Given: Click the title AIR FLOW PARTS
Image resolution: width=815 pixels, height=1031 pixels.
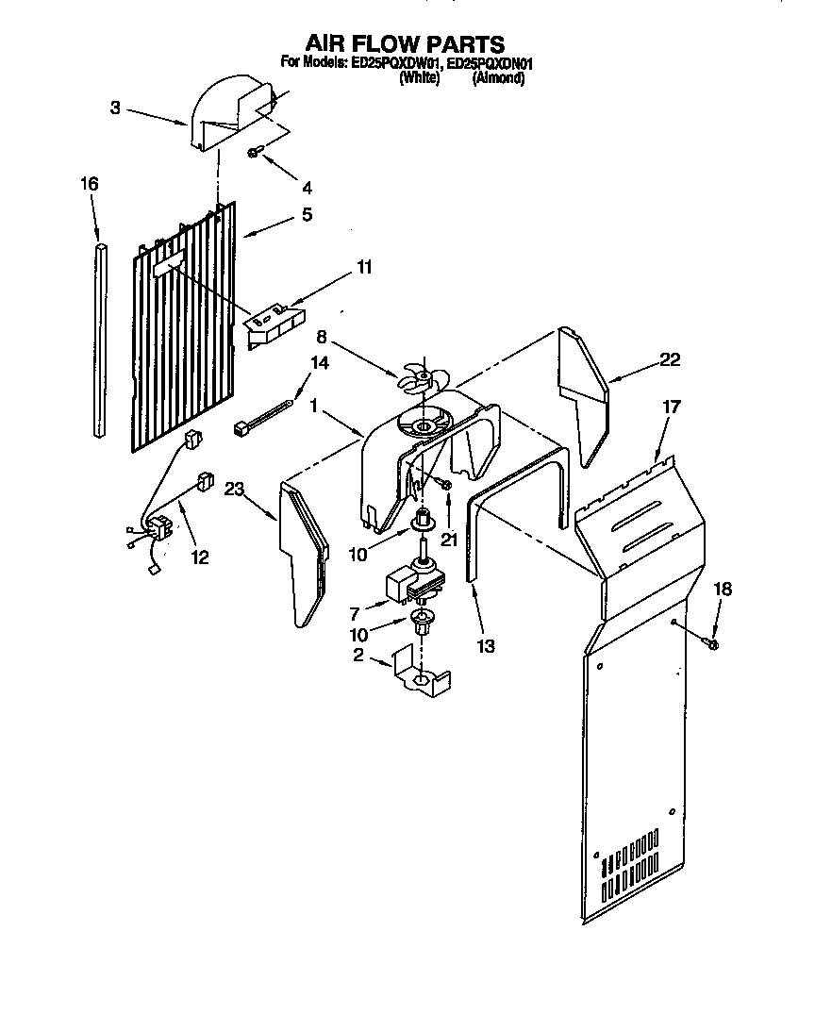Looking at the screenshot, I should coord(405,43).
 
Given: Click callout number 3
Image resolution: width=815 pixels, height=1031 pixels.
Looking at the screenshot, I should coord(114,108).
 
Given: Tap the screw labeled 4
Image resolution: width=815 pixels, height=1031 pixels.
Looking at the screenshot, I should coord(255,152).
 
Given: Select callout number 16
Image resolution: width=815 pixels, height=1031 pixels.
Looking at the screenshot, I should coord(89,184).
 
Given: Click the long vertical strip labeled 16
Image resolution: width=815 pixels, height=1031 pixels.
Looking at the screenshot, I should coord(101,340).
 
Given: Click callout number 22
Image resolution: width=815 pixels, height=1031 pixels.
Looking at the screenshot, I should coord(670,359).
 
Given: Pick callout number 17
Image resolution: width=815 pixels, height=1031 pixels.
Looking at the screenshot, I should coord(670,408).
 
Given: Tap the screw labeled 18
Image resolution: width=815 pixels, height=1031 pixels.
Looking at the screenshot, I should coord(712,644).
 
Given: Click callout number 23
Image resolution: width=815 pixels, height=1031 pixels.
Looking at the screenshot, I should coord(234,489).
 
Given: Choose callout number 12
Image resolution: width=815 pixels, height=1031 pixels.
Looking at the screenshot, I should coord(200,557).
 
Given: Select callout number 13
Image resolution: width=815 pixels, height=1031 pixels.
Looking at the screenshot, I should coord(486,647).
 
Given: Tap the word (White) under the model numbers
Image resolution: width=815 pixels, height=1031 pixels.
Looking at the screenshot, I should coord(419,79).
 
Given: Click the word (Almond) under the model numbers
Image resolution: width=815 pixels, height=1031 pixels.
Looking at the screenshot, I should coord(498,79).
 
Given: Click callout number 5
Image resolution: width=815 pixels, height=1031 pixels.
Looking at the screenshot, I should coord(307,215).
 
